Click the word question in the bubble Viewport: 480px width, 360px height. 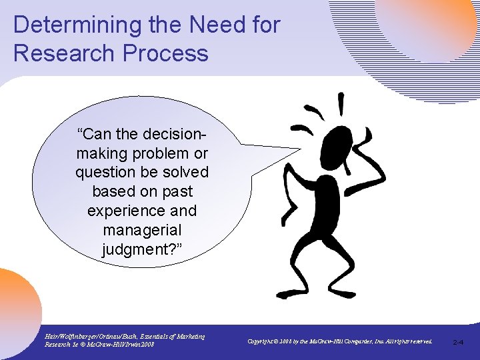click(x=106, y=172)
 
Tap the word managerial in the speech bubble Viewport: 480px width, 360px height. click(x=142, y=231)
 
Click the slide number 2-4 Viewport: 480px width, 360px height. click(x=458, y=342)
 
